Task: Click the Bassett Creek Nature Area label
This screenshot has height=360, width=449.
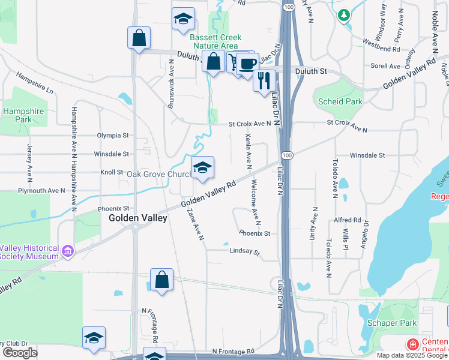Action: point(214,41)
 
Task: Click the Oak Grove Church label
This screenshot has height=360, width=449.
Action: point(159,174)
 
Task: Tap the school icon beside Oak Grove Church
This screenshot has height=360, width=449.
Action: point(202,169)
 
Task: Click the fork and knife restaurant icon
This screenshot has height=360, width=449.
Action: point(264,80)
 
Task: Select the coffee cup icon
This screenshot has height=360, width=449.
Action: point(247,64)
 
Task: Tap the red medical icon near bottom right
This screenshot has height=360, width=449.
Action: point(412,344)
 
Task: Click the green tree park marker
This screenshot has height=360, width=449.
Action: point(344,16)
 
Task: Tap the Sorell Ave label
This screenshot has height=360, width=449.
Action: point(385,66)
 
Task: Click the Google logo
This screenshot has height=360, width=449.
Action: point(20,353)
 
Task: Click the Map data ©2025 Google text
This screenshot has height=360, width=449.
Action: point(411,355)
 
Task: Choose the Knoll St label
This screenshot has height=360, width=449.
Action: point(111,172)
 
